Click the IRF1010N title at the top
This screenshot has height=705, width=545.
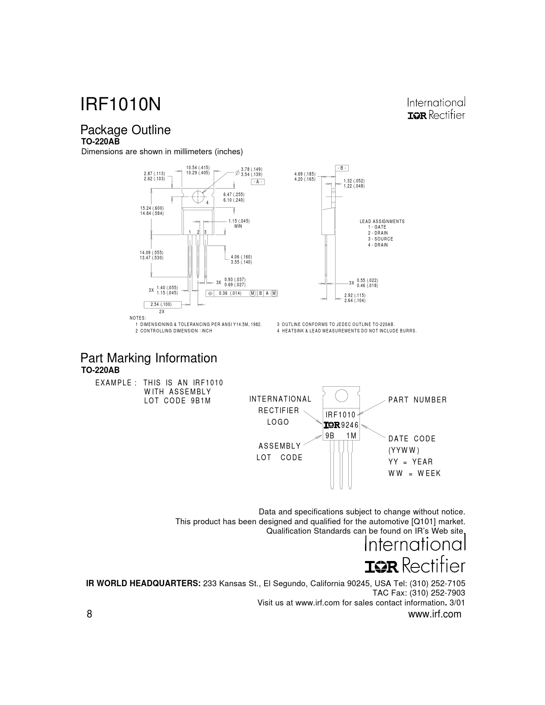click(121, 105)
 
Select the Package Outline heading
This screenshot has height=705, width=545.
click(125, 130)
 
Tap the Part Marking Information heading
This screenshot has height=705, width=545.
click(149, 358)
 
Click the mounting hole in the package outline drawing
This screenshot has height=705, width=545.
click(197, 197)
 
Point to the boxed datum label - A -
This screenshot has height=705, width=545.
click(258, 182)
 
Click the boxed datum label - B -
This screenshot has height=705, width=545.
click(342, 168)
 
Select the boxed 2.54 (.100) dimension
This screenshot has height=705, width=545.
click(162, 304)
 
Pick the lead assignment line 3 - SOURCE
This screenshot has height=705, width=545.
click(380, 239)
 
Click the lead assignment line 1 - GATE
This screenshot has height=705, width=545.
click(377, 227)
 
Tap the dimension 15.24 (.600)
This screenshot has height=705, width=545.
click(152, 208)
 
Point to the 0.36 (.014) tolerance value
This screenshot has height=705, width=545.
click(230, 293)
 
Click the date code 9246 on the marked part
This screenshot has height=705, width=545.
click(350, 425)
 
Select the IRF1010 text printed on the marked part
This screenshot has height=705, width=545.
click(341, 414)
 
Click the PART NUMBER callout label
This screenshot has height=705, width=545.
click(418, 400)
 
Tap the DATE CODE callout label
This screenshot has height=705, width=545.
click(412, 439)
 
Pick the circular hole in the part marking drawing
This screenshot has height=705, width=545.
click(341, 396)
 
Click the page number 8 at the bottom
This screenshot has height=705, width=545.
click(89, 614)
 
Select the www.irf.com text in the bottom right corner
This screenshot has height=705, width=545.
click(435, 614)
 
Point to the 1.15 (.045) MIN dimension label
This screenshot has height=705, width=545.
click(239, 223)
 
